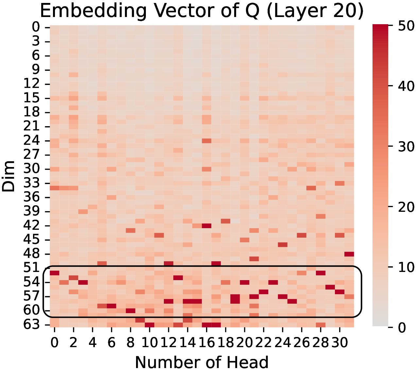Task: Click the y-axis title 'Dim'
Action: tap(9, 176)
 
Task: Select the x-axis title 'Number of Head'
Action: tap(202, 362)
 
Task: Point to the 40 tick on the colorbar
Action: tap(391, 86)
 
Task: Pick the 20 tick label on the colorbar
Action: tap(406, 207)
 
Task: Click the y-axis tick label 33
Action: tap(31, 183)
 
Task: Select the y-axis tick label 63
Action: tap(31, 325)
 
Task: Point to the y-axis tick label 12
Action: tap(31, 84)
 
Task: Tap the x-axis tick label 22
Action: tap(264, 343)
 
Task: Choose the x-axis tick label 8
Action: tap(130, 343)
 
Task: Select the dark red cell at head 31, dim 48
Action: tap(349, 254)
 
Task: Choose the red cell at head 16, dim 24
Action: tap(206, 141)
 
